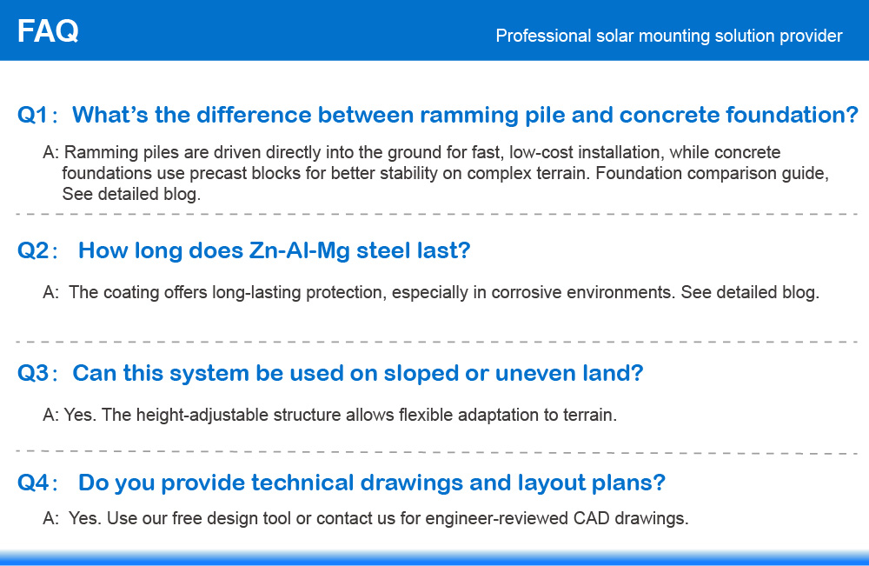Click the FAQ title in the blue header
48,31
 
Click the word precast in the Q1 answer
218,174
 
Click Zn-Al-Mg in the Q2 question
299,250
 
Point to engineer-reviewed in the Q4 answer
496,519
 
